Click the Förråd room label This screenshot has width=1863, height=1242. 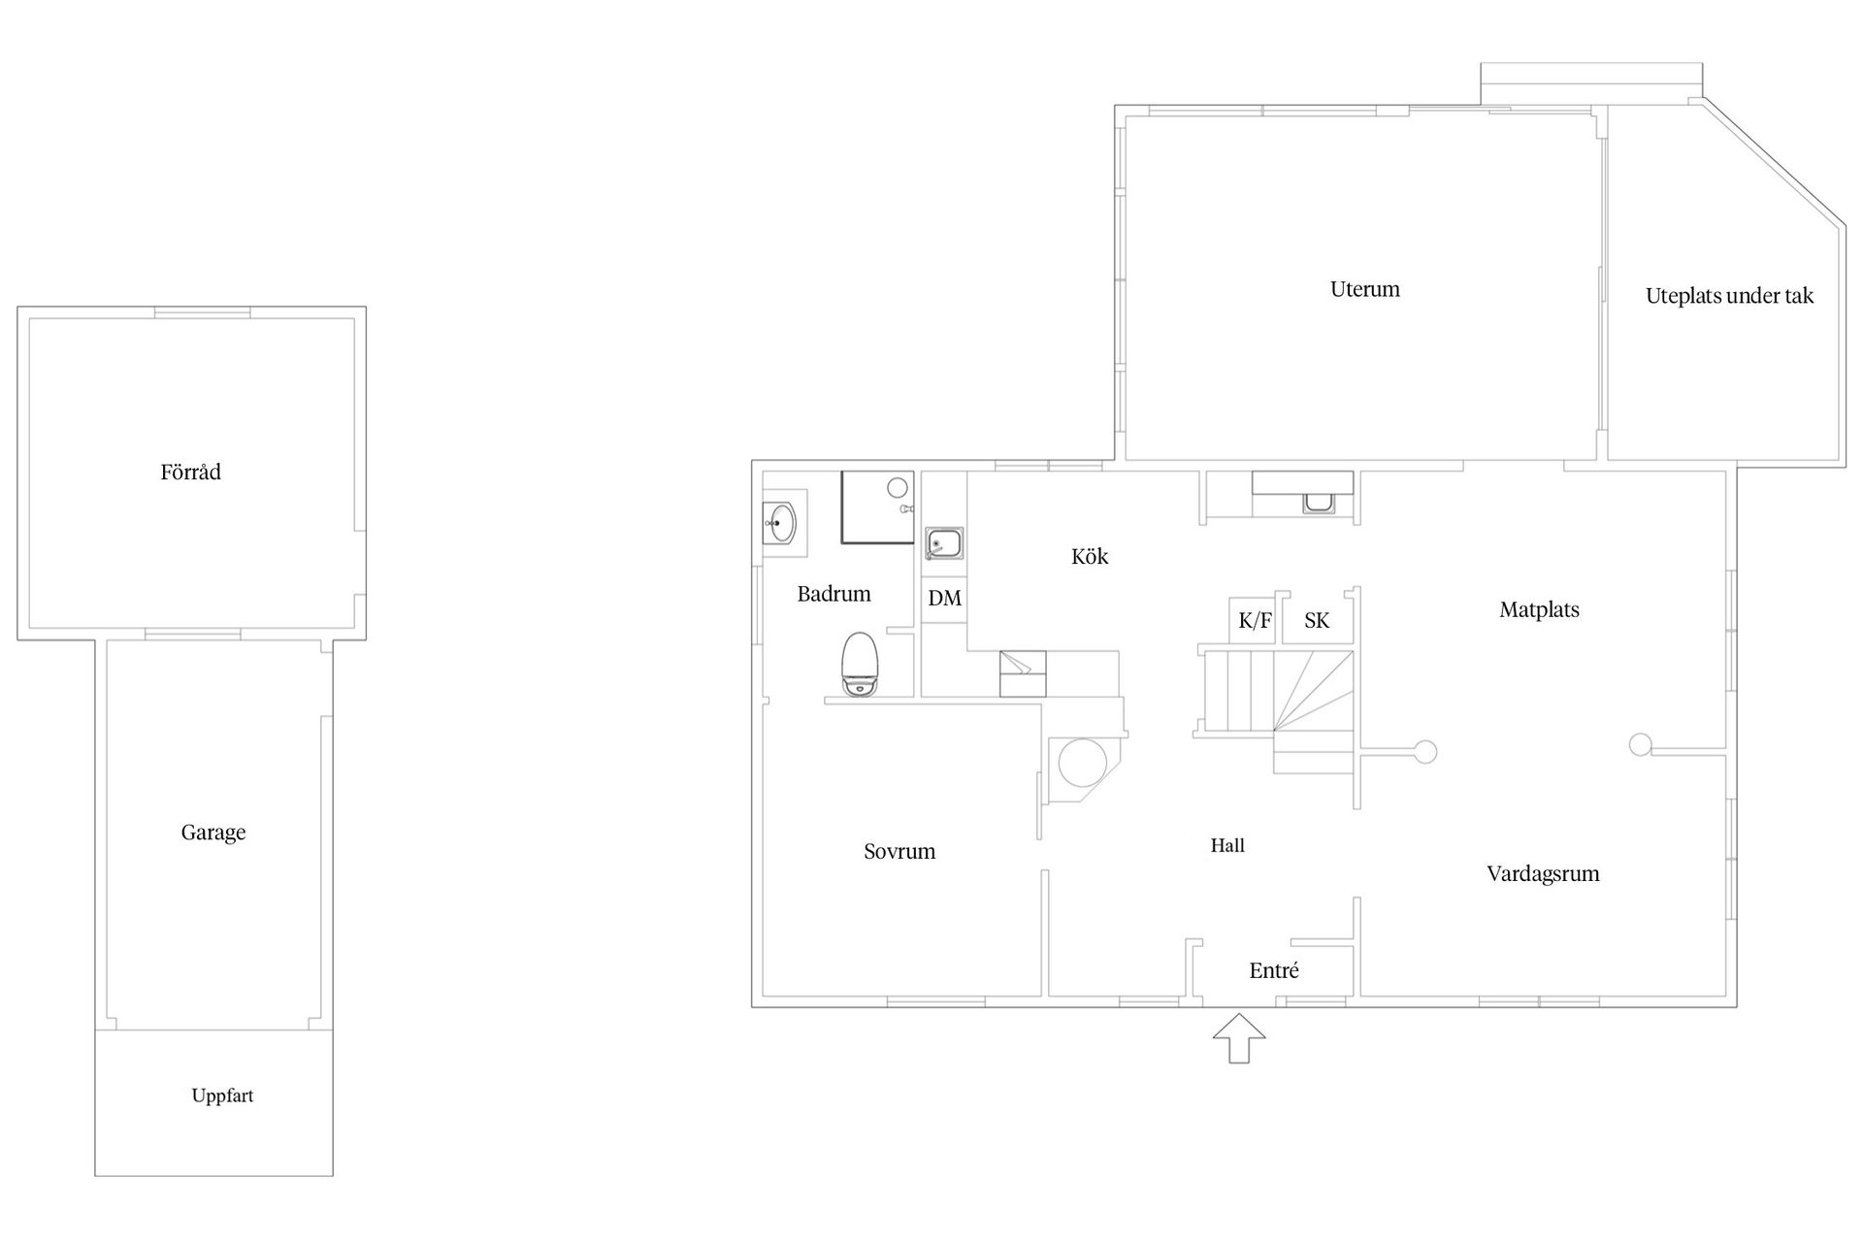coord(191,473)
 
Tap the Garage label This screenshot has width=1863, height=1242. coord(213,833)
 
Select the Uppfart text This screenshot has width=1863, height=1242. coord(222,1095)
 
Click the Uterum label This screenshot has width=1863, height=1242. coord(1365,289)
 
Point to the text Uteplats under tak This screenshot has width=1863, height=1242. coord(1729,296)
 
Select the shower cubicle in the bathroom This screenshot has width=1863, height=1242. coord(877,507)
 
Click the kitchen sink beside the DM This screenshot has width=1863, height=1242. coord(943,543)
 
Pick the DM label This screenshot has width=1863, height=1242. coord(945,598)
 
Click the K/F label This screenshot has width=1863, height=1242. coord(1256,621)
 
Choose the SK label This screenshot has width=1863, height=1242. coord(1317,621)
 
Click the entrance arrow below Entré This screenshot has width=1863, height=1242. coord(1239,1038)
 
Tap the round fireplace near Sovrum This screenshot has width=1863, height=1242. coord(1083,763)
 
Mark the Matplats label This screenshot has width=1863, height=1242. coord(1539,610)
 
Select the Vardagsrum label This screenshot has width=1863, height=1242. coord(1543,874)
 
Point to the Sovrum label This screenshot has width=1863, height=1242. coord(899,852)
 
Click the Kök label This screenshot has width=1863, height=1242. coord(1090,556)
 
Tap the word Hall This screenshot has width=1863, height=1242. coord(1227,846)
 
